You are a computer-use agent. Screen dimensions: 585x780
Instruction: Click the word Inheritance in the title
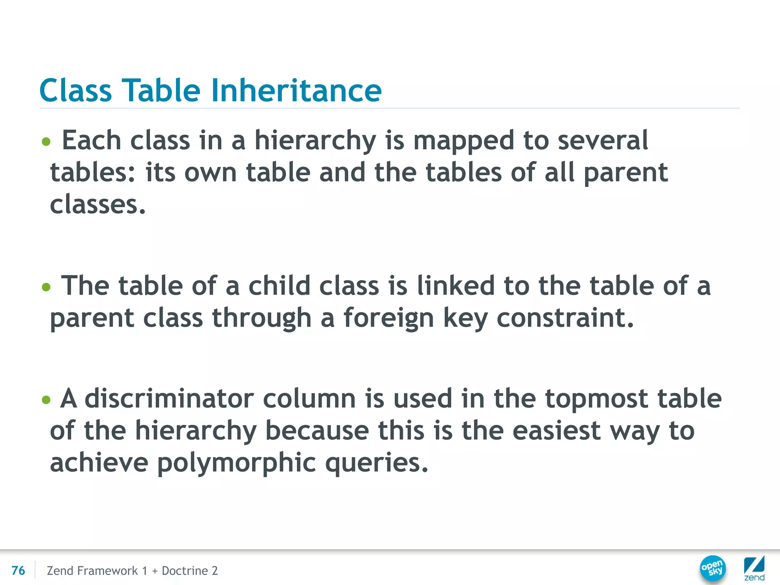click(296, 90)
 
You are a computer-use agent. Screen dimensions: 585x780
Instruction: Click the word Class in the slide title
click(75, 90)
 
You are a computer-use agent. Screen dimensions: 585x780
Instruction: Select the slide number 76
click(18, 571)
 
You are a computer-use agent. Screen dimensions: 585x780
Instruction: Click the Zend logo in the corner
click(754, 569)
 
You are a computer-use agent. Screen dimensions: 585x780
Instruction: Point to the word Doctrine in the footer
click(185, 571)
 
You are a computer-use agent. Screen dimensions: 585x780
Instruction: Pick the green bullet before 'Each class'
click(46, 142)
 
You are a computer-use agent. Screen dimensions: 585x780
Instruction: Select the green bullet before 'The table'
click(46, 287)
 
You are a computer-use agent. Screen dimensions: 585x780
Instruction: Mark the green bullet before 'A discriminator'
click(46, 400)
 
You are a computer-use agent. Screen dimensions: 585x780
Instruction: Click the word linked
click(456, 286)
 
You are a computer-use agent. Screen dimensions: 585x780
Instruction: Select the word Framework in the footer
click(107, 571)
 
